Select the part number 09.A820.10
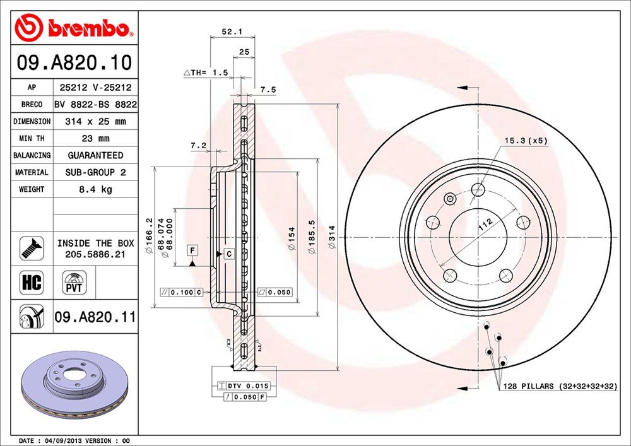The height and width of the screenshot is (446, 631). point(74,63)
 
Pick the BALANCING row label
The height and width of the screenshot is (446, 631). point(32,155)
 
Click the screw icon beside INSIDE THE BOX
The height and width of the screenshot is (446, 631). point(32,248)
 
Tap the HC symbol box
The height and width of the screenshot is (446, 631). point(32,282)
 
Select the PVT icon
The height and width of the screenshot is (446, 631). point(74,282)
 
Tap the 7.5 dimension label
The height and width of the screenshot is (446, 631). point(268,90)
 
